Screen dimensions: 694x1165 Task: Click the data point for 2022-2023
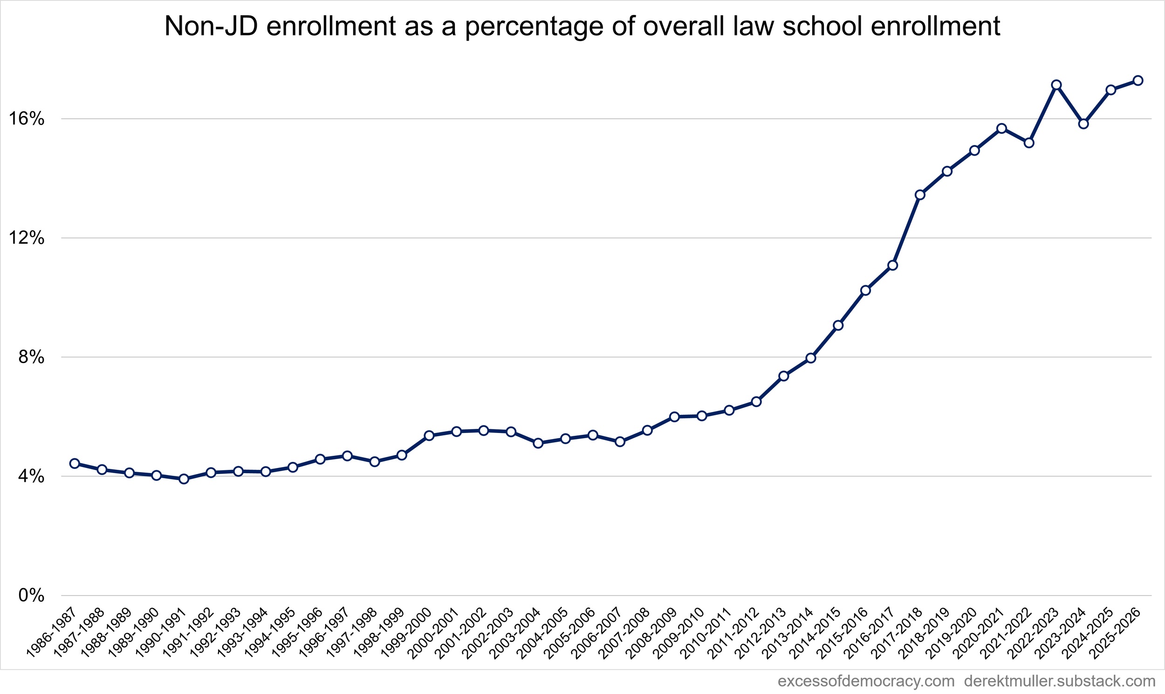click(1056, 85)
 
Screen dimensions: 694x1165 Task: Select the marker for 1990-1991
click(184, 478)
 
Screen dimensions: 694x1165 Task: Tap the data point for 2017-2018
click(920, 194)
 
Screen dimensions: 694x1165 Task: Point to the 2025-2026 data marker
click(1138, 81)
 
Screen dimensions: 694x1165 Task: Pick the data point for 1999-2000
click(429, 435)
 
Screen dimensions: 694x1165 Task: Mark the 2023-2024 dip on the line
click(1083, 124)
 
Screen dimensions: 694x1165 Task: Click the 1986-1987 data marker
click(75, 463)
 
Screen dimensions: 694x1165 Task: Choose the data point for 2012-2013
click(784, 376)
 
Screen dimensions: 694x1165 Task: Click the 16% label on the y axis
click(27, 119)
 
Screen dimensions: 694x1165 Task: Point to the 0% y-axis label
click(31, 596)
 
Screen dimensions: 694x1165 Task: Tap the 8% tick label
click(31, 357)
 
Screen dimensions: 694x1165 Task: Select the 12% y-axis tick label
click(27, 238)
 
